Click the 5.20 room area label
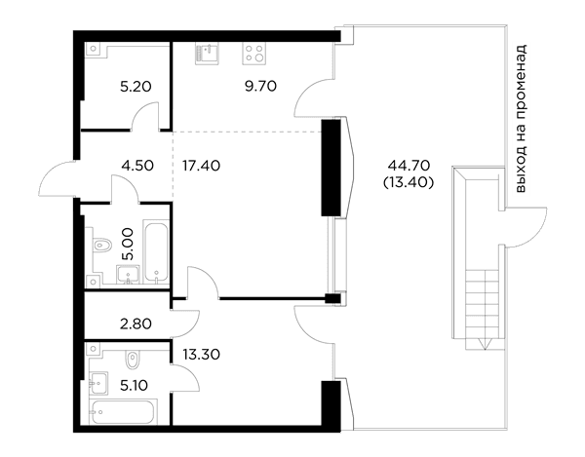[136, 87]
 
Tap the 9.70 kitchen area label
[260, 86]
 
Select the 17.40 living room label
[201, 165]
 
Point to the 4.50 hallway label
[137, 165]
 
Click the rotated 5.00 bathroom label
[127, 245]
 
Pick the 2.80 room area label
[136, 324]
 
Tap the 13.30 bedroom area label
[202, 354]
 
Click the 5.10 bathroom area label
[134, 385]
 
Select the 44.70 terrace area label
[409, 165]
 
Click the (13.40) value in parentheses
[409, 182]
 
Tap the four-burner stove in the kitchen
[254, 53]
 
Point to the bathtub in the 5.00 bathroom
[156, 252]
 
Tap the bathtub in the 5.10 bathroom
[123, 412]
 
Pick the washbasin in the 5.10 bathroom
[98, 383]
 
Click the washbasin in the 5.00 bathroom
[128, 275]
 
